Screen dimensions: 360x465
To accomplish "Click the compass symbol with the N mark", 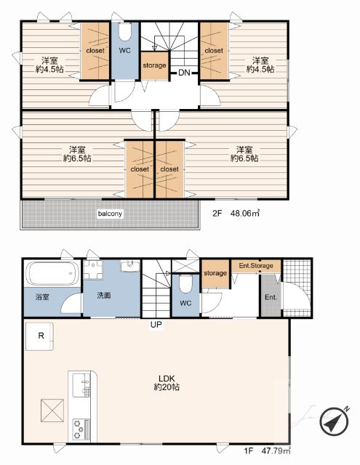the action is click(335, 421).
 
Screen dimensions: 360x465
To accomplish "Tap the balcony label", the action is click(110, 214).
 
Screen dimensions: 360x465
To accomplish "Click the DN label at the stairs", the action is click(184, 73).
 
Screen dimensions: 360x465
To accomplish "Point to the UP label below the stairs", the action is click(156, 325).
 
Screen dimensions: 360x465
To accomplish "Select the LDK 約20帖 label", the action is click(167, 383).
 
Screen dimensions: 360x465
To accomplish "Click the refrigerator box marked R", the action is click(39, 336).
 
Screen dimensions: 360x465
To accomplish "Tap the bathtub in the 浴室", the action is click(52, 273).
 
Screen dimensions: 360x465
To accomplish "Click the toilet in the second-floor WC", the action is click(124, 32).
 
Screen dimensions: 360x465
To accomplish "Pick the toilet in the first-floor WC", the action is click(185, 284).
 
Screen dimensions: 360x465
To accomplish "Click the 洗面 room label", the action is click(103, 296).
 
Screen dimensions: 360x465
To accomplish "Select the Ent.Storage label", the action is click(256, 266).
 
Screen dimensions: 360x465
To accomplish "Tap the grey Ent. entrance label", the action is click(271, 297).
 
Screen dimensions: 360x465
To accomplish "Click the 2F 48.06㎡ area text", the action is click(236, 213).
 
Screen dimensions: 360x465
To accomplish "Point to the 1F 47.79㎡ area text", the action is click(268, 451).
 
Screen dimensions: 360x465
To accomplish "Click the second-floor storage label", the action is click(154, 65).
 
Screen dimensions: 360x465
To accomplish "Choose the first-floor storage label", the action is click(215, 273).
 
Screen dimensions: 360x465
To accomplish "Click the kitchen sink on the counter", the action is click(81, 385).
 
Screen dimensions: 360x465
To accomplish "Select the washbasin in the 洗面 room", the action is click(130, 266).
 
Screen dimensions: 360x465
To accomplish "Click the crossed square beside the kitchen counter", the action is click(52, 411).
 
